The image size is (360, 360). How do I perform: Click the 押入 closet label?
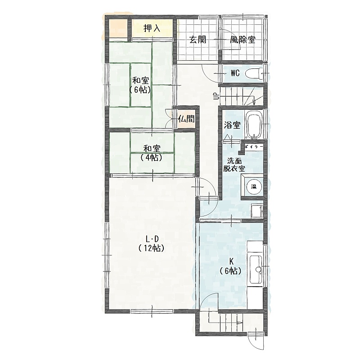point(152,28)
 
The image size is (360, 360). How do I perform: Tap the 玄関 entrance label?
point(198,40)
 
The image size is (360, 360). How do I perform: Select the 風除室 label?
point(243,40)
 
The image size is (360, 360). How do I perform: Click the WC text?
point(235,73)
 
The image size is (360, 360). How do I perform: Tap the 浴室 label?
point(232,125)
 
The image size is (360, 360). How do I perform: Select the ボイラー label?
point(252,146)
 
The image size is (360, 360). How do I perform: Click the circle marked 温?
point(254,187)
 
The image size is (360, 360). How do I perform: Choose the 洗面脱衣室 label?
point(234,165)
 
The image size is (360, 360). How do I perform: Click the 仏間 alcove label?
point(186,119)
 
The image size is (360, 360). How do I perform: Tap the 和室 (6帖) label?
point(140,85)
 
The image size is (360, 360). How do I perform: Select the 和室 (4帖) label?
point(152,153)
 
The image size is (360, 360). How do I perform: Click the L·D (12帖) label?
point(152,244)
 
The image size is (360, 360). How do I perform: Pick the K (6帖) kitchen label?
point(231,266)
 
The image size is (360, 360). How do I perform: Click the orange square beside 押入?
point(118,29)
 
